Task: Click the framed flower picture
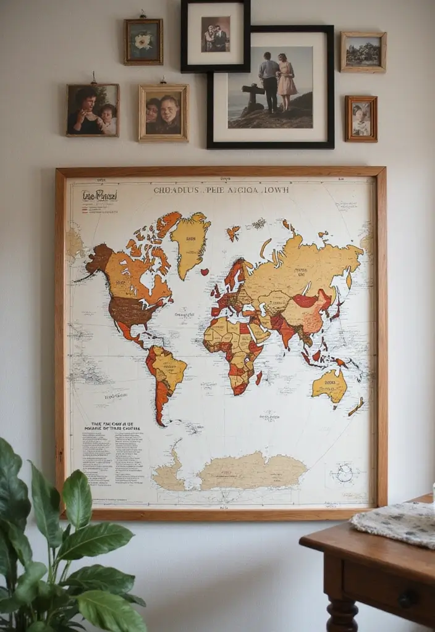[143, 41]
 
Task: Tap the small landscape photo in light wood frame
[363, 52]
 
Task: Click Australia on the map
[329, 386]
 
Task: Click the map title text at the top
[221, 190]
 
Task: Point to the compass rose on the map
[344, 473]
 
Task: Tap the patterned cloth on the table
[395, 523]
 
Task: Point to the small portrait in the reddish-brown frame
[361, 118]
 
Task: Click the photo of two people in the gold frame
[163, 113]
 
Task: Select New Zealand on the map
[356, 407]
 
